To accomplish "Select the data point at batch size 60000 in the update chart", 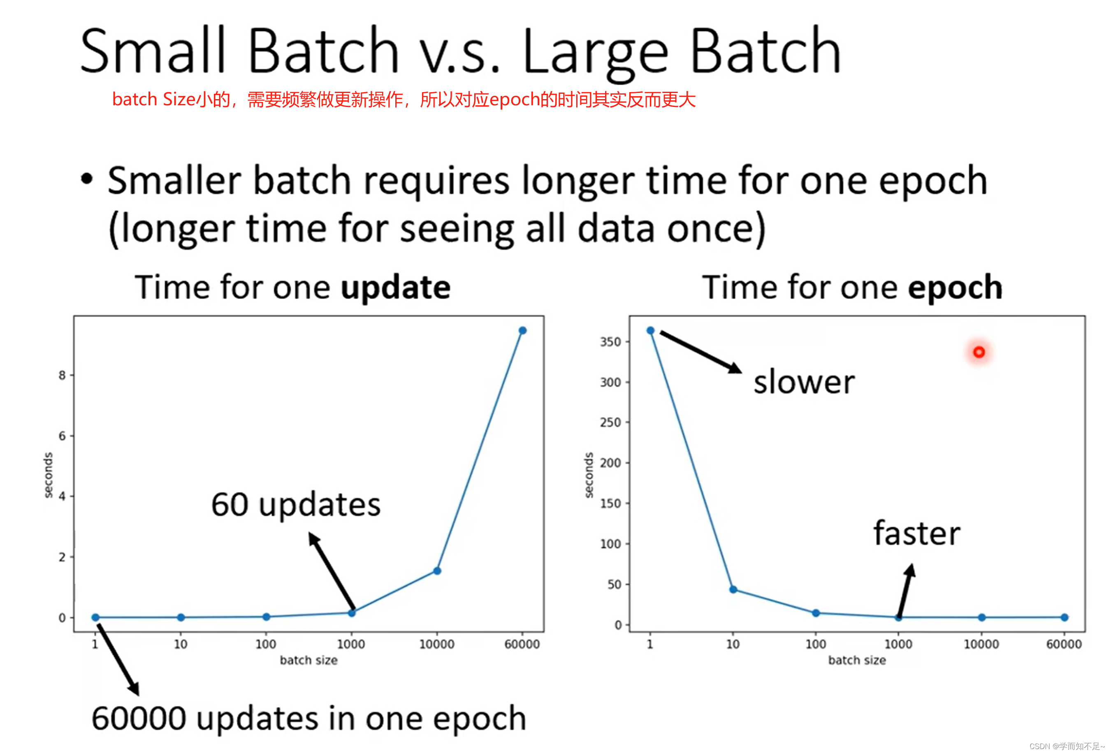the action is click(522, 330).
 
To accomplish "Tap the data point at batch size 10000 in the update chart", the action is click(437, 571).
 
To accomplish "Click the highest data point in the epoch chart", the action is click(650, 330).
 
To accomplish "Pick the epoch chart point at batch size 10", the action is click(733, 589).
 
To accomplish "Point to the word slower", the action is click(804, 383).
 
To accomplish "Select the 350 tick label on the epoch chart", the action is click(610, 342).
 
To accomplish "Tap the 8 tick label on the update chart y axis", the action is click(62, 375).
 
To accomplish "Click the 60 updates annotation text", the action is click(296, 505).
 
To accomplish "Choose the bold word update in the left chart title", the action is click(396, 288).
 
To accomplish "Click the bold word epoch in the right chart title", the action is click(955, 288).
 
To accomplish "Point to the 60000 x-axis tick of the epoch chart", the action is click(1064, 644).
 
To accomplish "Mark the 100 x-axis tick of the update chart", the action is click(266, 644).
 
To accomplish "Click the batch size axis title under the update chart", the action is click(309, 660).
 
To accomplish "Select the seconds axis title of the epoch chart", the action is click(589, 475).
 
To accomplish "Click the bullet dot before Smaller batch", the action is click(86, 179).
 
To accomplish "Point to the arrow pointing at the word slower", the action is click(701, 352).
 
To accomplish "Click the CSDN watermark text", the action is click(1067, 746).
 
